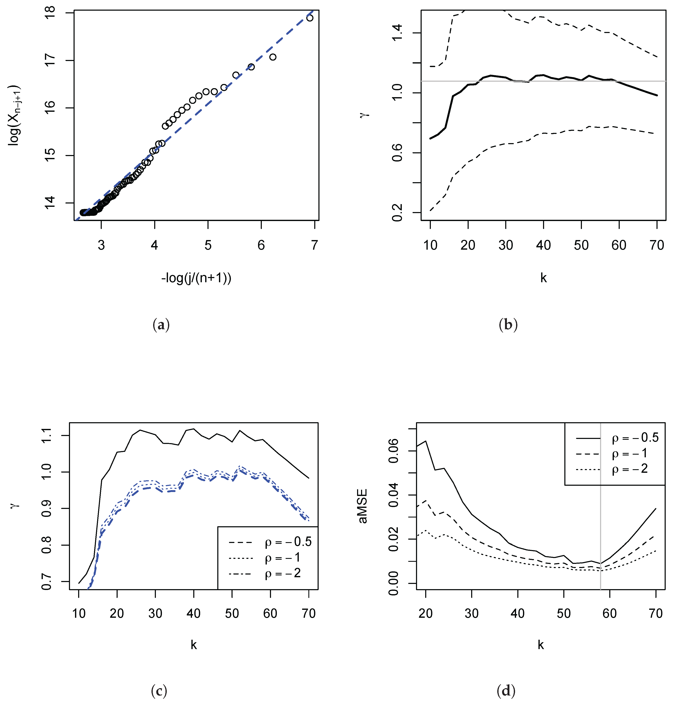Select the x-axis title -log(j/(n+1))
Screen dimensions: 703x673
pos(196,278)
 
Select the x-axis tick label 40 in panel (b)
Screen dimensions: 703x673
pos(543,245)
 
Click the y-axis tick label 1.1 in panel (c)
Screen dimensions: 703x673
pos(47,435)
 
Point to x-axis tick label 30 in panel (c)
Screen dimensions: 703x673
pos(155,614)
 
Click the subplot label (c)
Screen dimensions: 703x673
pos(159,691)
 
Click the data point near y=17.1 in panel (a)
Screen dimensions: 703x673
pos(273,57)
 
